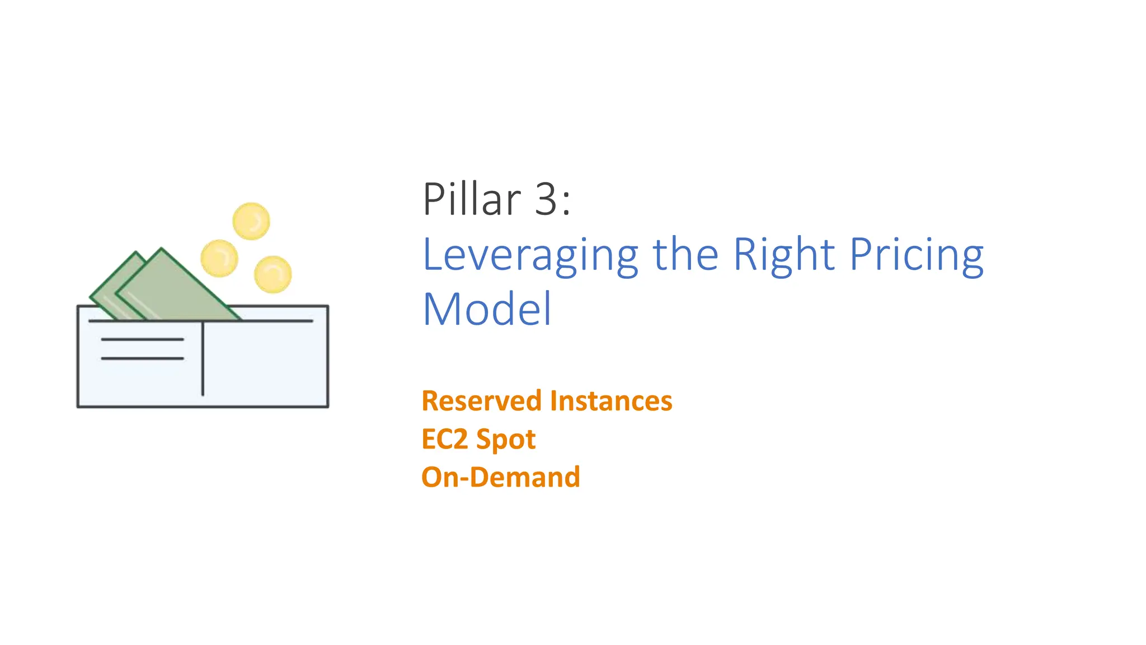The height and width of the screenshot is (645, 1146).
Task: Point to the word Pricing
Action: (x=916, y=255)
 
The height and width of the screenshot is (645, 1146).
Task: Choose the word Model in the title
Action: (x=487, y=309)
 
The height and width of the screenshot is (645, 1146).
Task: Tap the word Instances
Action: (x=610, y=401)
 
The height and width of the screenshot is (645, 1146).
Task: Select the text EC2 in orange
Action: (x=444, y=439)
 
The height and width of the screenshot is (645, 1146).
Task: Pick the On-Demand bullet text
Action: (x=500, y=477)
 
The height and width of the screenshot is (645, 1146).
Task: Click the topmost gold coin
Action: (x=251, y=221)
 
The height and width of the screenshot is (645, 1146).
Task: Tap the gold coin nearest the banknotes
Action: (x=219, y=258)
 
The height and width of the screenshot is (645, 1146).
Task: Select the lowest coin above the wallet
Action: (x=273, y=274)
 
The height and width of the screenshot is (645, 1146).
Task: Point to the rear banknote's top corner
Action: (x=135, y=254)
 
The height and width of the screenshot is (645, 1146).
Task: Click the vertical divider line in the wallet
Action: (x=203, y=358)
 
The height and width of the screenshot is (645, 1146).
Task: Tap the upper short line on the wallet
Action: (x=142, y=339)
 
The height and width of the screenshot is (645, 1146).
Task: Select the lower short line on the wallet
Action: (x=142, y=358)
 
